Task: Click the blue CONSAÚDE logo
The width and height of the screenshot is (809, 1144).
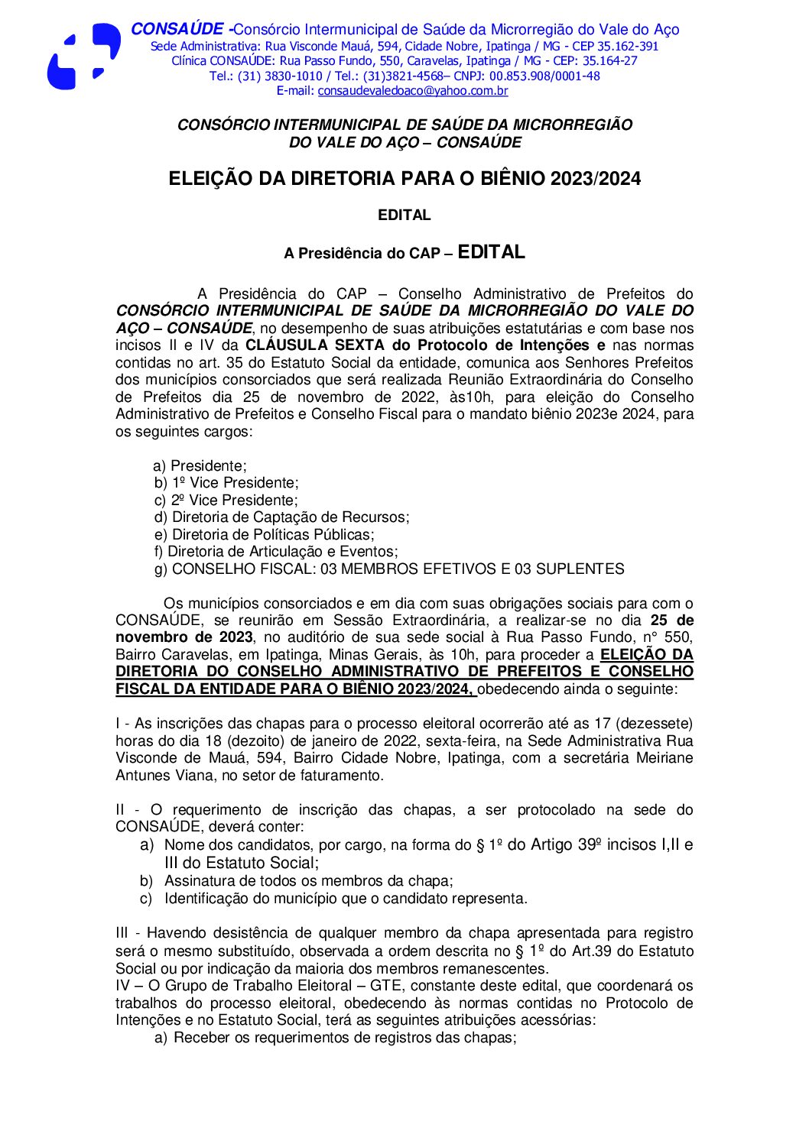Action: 83,57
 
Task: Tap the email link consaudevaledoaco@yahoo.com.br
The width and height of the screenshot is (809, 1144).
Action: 412,91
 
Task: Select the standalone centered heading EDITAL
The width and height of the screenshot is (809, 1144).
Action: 404,216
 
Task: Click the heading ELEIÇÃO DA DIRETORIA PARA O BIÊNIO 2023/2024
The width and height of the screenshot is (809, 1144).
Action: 404,179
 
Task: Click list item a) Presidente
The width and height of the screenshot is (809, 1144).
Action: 200,466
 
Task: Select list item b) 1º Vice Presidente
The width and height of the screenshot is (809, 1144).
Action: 226,483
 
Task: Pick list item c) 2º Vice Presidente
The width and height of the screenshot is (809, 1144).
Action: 226,501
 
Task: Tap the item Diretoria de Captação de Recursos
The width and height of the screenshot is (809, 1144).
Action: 282,517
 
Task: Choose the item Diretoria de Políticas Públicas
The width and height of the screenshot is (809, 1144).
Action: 265,535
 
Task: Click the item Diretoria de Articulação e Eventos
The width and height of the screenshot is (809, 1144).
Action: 276,552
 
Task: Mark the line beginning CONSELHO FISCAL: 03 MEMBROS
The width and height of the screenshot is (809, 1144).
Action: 389,569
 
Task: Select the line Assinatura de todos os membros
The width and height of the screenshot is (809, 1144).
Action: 308,881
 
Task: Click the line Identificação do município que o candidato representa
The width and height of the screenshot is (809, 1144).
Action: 345,899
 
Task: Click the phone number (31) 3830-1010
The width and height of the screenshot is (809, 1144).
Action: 279,76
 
